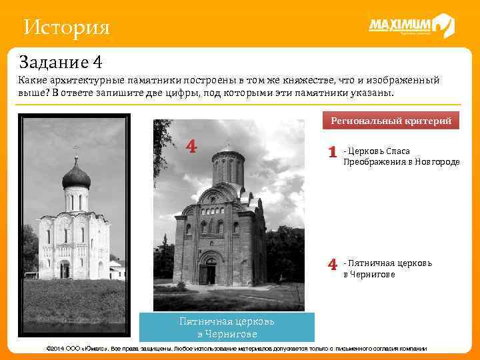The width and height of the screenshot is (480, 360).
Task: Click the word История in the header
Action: (66, 27)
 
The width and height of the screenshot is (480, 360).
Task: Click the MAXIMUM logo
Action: (411, 27)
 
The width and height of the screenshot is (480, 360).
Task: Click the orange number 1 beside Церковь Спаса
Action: (331, 153)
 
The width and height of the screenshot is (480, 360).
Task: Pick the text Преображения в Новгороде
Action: (401, 161)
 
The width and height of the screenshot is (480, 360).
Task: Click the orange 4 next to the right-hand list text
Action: (331, 265)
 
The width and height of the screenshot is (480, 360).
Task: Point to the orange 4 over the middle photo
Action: (191, 146)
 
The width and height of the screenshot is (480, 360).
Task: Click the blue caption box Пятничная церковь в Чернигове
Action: (227, 327)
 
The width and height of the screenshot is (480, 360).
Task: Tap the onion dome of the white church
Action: (75, 177)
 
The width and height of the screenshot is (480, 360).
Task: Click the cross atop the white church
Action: (75, 150)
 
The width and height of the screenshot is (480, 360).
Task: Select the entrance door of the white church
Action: (65, 269)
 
